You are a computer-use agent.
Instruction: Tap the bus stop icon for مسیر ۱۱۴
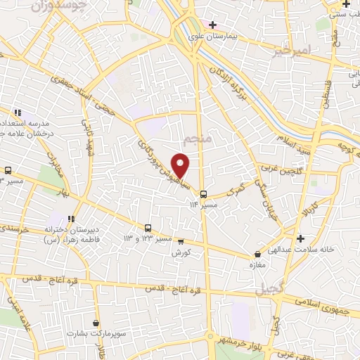(203, 194)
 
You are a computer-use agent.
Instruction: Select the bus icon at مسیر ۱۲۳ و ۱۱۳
(148, 228)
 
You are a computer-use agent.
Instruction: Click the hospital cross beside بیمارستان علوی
(212, 25)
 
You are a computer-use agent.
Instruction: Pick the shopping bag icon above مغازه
(257, 254)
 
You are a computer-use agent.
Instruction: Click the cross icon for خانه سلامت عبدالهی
(300, 238)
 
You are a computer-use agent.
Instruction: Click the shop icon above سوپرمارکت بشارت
(96, 323)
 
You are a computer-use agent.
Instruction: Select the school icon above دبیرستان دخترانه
(70, 218)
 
